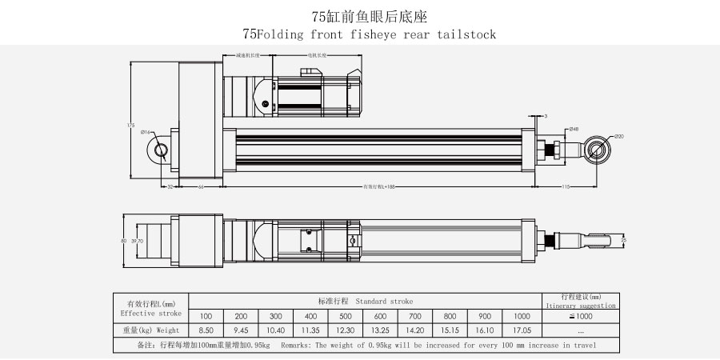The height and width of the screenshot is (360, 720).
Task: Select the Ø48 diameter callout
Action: (574, 129)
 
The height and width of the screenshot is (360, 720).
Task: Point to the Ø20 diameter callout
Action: (619, 137)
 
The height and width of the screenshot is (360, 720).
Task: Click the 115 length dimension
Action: (565, 187)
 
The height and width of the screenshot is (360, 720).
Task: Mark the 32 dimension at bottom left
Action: (170, 187)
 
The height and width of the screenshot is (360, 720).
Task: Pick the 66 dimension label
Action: (200, 187)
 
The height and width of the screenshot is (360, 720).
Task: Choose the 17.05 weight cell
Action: (522, 330)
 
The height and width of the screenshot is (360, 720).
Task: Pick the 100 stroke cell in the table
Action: (206, 315)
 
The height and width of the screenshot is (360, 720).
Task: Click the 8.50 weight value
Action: (206, 330)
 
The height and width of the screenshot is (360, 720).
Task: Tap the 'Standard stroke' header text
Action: (384, 302)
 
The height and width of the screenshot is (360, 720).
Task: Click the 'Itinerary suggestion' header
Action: (581, 306)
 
